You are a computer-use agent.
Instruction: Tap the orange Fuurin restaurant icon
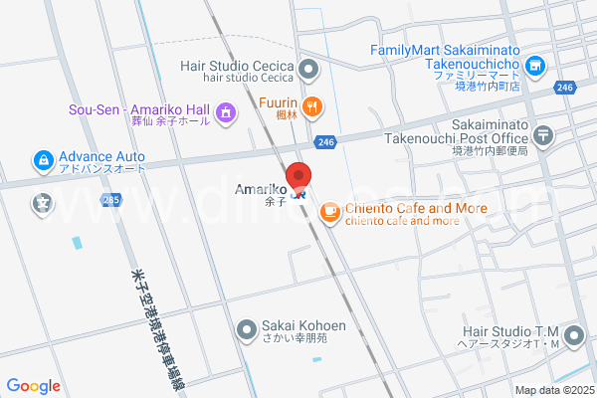[312, 105]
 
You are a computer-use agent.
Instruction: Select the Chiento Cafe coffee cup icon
[329, 211]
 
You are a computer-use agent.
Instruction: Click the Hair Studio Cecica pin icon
[308, 70]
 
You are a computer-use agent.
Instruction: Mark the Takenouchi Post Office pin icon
[544, 134]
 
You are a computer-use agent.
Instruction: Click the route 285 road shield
[110, 200]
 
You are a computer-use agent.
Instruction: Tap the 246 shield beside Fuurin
[325, 143]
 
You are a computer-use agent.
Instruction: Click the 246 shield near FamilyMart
[565, 89]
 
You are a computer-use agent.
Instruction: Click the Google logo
[33, 386]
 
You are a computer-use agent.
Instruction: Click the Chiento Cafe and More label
[416, 209]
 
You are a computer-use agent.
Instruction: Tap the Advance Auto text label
[101, 157]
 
